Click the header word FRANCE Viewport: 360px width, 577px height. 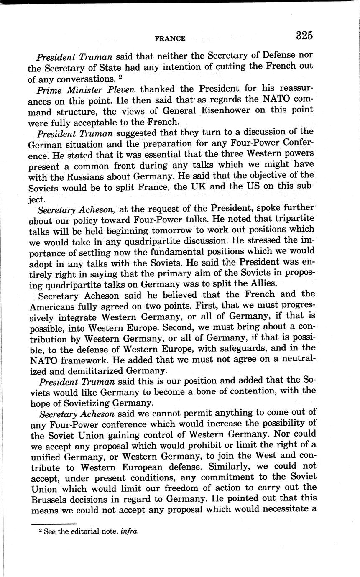pos(170,38)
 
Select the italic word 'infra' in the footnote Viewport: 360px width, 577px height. pos(128,531)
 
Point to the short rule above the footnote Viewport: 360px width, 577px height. pos(54,523)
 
